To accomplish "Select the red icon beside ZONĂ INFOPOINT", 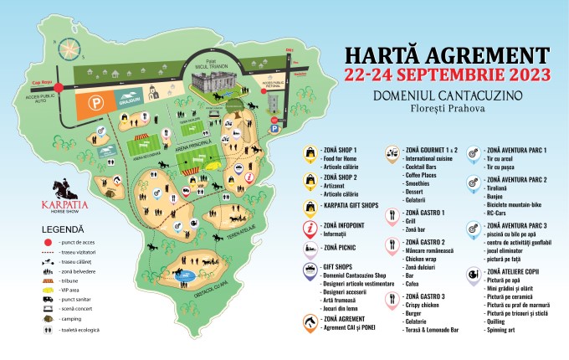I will click(x=311, y=227).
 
